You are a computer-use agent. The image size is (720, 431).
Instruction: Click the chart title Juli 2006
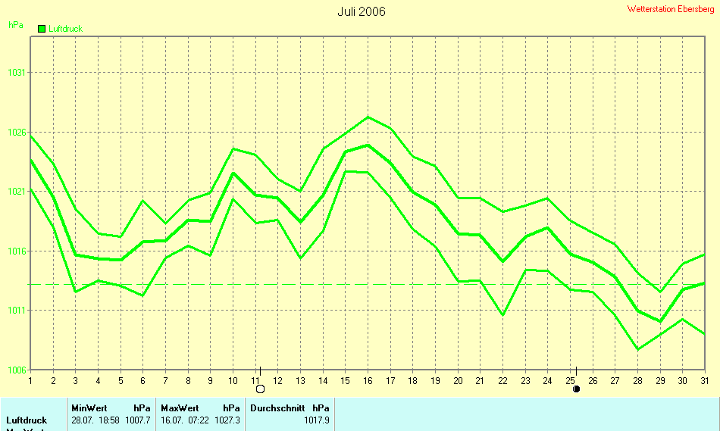pos(362,11)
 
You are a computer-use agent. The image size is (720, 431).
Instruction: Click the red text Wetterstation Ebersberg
pos(671,9)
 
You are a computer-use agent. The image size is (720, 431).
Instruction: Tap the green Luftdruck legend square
pos(42,29)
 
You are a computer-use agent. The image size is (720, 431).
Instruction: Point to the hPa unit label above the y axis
pos(15,25)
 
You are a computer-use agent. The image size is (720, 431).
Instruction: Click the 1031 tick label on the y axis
pos(17,73)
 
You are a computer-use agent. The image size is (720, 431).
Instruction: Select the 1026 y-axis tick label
pos(17,133)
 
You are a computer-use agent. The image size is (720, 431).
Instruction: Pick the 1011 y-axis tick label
pos(17,311)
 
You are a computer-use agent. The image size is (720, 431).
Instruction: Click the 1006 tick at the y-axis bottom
pos(17,370)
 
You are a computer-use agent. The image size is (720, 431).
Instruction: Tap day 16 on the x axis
pos(368,380)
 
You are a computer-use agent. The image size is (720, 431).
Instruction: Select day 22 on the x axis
pos(503,380)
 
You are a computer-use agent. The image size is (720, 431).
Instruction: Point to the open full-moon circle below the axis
pos(261,389)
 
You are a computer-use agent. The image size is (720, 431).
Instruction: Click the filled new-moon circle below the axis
pos(576,389)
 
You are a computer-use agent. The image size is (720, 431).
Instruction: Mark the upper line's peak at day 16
pos(368,117)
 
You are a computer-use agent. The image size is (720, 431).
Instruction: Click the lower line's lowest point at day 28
pos(638,349)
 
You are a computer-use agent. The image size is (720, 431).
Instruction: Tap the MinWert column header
pos(89,408)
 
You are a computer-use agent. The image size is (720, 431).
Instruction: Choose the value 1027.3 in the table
pos(227,420)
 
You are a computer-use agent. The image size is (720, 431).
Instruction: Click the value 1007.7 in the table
pos(137,420)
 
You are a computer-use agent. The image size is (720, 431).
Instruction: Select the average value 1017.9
pos(317,420)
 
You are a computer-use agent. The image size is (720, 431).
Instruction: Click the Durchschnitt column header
pos(277,408)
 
